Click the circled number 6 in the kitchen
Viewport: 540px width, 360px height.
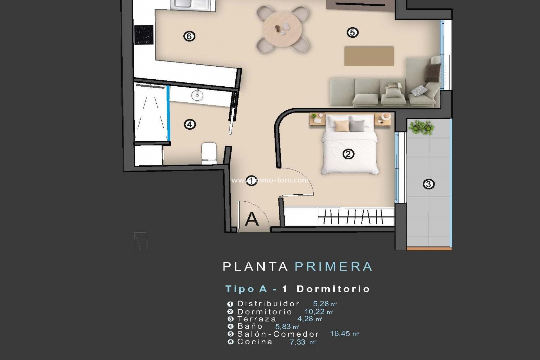(x=189, y=36)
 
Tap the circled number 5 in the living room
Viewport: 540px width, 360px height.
(x=352, y=32)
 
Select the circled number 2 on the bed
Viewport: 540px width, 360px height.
(x=348, y=154)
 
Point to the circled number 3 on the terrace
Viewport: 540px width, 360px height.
(x=428, y=184)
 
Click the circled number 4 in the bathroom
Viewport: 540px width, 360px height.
(x=190, y=124)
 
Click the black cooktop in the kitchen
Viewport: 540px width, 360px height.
(x=144, y=35)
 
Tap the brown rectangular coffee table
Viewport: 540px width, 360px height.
(x=369, y=56)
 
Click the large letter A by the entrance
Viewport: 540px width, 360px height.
(x=251, y=219)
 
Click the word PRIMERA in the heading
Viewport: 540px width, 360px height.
(x=333, y=267)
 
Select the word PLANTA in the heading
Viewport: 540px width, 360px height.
(x=255, y=267)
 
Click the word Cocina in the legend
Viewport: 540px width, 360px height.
(x=255, y=342)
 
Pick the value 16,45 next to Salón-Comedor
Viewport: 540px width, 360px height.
(x=340, y=334)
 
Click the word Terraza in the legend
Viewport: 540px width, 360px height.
(x=257, y=319)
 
